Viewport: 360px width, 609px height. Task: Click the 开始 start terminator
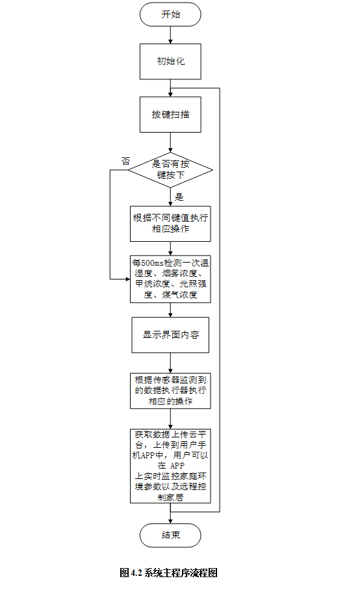[x=170, y=14]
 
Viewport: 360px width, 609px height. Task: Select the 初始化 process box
[x=170, y=61]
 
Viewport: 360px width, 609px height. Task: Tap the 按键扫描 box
[x=170, y=114]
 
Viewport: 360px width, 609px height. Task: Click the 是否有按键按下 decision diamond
[x=170, y=170]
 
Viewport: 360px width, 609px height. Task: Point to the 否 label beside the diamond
[x=125, y=160]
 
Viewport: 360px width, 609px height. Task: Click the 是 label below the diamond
[x=180, y=197]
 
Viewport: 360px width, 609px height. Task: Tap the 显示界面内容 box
[x=170, y=335]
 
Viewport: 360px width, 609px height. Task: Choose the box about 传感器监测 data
[x=170, y=391]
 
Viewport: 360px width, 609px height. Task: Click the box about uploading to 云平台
[x=170, y=465]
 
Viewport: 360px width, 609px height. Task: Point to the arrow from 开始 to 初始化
[x=170, y=34]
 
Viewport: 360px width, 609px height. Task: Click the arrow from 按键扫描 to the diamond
[x=170, y=143]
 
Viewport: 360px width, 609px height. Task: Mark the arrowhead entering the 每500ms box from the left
[x=127, y=279]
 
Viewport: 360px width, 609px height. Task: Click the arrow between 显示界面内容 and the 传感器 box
[x=170, y=363]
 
